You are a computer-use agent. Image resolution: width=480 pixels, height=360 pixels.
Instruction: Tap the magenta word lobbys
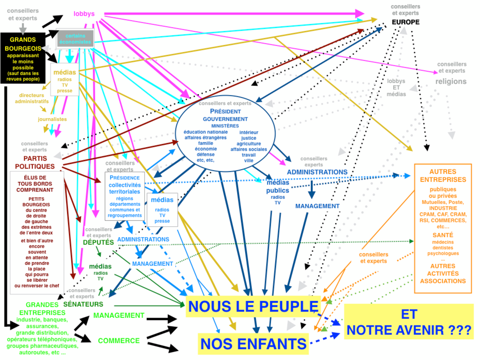[84, 14]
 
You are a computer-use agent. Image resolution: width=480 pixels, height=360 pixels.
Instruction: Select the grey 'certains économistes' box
[75, 38]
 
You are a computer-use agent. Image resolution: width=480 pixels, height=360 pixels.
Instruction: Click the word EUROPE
[406, 22]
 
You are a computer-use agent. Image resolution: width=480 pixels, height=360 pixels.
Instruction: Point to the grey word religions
[451, 81]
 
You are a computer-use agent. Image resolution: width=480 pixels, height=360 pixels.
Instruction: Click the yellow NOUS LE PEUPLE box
[253, 306]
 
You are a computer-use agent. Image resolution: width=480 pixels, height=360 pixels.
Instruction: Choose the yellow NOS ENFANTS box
[253, 344]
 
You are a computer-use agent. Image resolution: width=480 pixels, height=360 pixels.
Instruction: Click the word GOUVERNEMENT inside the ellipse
[225, 119]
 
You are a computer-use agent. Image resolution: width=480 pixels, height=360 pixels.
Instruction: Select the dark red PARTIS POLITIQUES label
[35, 162]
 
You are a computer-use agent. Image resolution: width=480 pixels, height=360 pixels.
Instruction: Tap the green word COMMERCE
[119, 341]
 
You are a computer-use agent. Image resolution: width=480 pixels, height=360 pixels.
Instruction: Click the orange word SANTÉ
[443, 235]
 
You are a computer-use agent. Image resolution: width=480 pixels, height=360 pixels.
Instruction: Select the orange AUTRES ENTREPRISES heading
[443, 176]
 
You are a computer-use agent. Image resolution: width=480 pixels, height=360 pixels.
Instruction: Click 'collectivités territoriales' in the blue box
[125, 188]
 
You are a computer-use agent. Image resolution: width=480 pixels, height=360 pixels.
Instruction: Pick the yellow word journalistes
[52, 119]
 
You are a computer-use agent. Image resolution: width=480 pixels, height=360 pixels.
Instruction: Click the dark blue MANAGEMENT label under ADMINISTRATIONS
[317, 206]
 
